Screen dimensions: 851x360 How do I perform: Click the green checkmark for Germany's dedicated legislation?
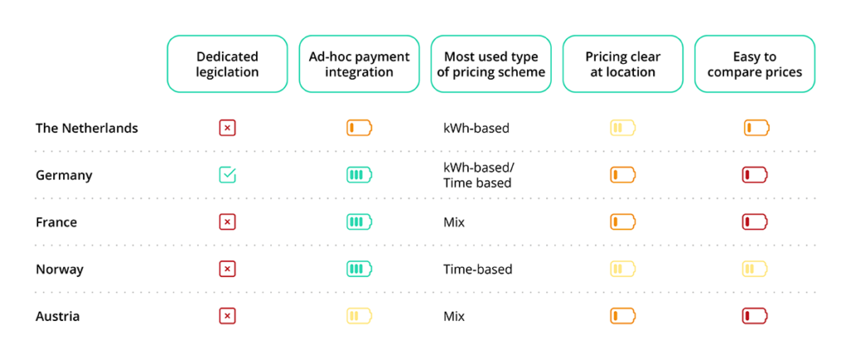(x=228, y=175)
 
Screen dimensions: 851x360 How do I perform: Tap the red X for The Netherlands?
(x=228, y=128)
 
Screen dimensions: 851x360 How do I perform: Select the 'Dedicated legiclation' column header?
(x=227, y=64)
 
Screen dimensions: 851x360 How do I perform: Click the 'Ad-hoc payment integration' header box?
(x=359, y=64)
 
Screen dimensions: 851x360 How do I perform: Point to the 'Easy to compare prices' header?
(x=755, y=64)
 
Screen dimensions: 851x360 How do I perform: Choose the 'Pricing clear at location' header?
(x=622, y=64)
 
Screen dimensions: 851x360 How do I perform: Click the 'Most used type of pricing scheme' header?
(x=490, y=64)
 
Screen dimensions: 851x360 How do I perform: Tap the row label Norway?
(x=60, y=269)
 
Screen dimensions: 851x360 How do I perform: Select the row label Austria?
(x=57, y=316)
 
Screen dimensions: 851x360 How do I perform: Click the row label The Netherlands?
(x=86, y=128)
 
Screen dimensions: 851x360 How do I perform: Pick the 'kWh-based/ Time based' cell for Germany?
(x=478, y=175)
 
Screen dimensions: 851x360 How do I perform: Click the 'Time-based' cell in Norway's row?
(x=478, y=269)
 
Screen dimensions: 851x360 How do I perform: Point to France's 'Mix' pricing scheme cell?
(x=454, y=222)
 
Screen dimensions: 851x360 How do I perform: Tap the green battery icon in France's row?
(x=359, y=222)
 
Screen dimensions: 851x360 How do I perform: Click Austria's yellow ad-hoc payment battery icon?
(x=359, y=316)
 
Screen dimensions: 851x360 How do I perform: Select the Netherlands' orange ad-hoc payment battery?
(x=359, y=128)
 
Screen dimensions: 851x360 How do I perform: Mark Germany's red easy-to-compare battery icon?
(x=755, y=175)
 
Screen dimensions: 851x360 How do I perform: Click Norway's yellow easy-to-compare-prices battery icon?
(x=755, y=269)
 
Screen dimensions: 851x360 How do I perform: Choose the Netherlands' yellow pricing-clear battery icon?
(x=622, y=128)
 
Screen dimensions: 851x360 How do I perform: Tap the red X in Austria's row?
(x=228, y=316)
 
